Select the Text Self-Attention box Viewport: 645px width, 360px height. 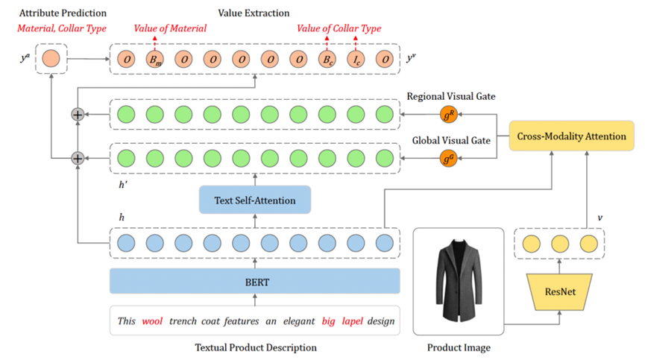pos(254,200)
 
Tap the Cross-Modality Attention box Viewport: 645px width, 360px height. pos(567,137)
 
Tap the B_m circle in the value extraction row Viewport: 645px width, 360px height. pos(154,57)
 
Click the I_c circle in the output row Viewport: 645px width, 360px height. pos(355,57)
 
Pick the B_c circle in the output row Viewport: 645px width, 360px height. pos(327,57)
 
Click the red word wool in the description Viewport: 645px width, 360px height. pos(153,321)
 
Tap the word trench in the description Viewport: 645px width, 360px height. pos(184,321)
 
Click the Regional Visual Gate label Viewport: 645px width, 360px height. pos(450,97)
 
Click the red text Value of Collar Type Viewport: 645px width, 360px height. pos(339,28)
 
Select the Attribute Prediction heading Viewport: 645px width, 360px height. pos(63,13)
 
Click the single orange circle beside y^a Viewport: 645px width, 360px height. pos(51,57)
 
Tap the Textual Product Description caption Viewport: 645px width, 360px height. pos(256,347)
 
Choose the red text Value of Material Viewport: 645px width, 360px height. pos(170,28)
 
